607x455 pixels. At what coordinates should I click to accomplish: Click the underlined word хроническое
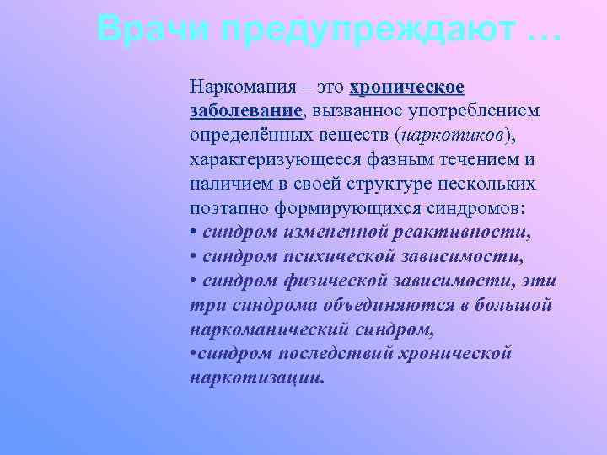coord(406,87)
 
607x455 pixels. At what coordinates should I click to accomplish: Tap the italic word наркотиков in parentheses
coord(454,136)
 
